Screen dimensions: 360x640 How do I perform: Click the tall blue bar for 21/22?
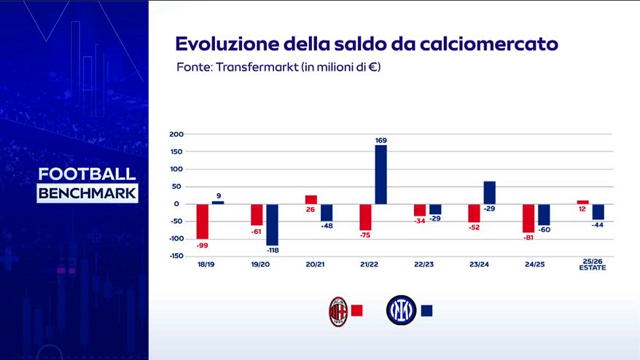(x=381, y=174)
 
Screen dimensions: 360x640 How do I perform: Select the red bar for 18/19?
(x=203, y=221)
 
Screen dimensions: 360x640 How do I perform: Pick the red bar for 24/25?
(x=528, y=217)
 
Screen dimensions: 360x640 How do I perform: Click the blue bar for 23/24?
(x=489, y=192)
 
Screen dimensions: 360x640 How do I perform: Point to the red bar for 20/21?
(x=311, y=200)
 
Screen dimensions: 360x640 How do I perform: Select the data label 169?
(x=381, y=139)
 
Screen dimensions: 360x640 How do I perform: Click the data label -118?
(x=272, y=250)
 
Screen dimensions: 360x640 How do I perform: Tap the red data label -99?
(x=202, y=244)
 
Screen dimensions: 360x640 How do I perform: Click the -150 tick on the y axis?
(x=177, y=256)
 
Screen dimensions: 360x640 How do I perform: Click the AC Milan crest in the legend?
(x=337, y=310)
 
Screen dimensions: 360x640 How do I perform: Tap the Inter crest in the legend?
(x=400, y=310)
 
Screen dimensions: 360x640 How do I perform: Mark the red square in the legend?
(x=357, y=310)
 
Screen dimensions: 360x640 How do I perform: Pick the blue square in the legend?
(x=426, y=310)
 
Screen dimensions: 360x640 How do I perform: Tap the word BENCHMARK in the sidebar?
(x=87, y=194)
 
